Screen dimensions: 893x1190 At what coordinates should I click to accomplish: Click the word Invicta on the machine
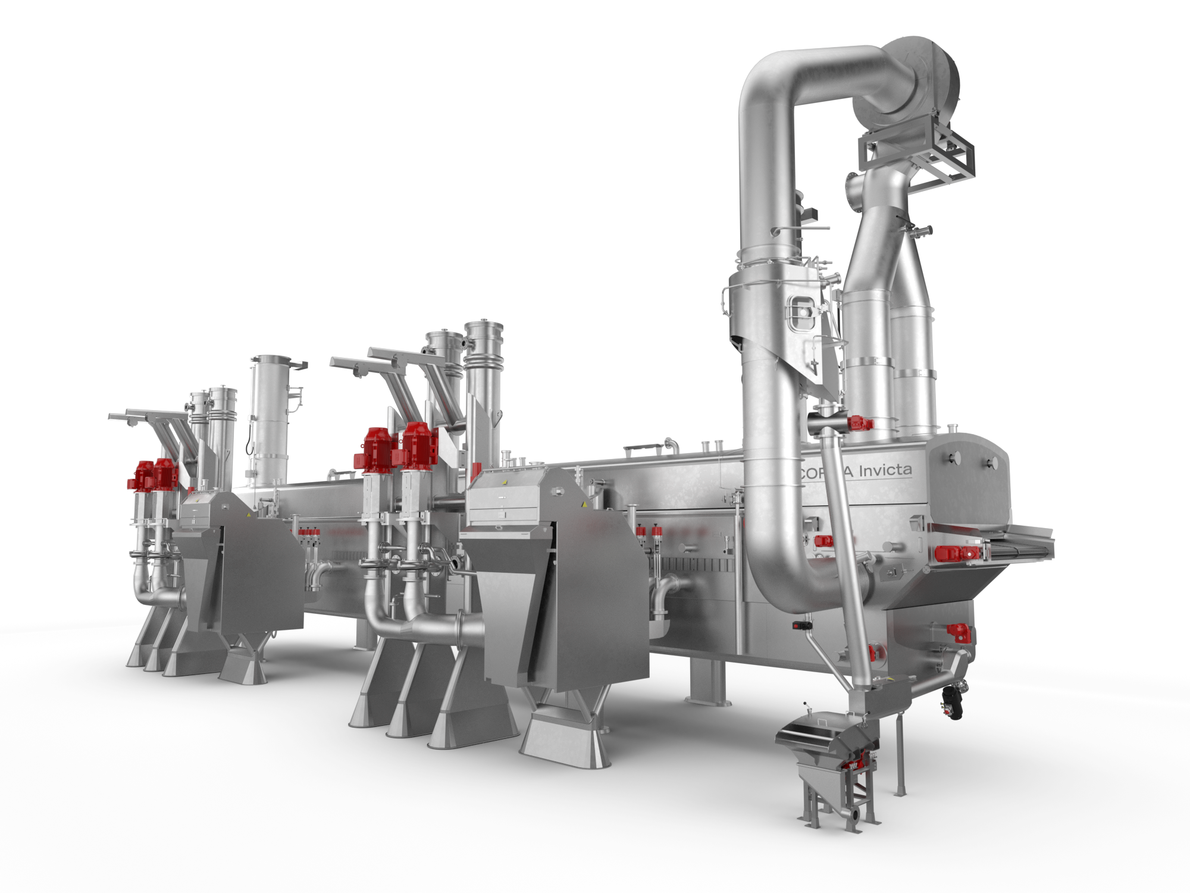click(x=885, y=470)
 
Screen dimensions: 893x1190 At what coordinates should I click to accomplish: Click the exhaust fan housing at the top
click(x=919, y=83)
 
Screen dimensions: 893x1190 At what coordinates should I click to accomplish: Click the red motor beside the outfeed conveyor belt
click(x=955, y=553)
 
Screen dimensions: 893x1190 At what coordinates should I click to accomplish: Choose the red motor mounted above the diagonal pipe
click(x=860, y=424)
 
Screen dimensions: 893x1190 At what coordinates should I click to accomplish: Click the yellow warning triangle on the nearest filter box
click(x=584, y=505)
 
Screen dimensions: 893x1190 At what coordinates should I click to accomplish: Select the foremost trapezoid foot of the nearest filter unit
click(x=562, y=741)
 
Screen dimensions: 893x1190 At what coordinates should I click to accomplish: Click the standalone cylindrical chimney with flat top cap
click(x=270, y=417)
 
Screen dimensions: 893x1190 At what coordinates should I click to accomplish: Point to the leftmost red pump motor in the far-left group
click(x=142, y=475)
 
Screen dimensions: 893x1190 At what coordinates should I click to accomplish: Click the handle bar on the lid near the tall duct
click(x=643, y=447)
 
